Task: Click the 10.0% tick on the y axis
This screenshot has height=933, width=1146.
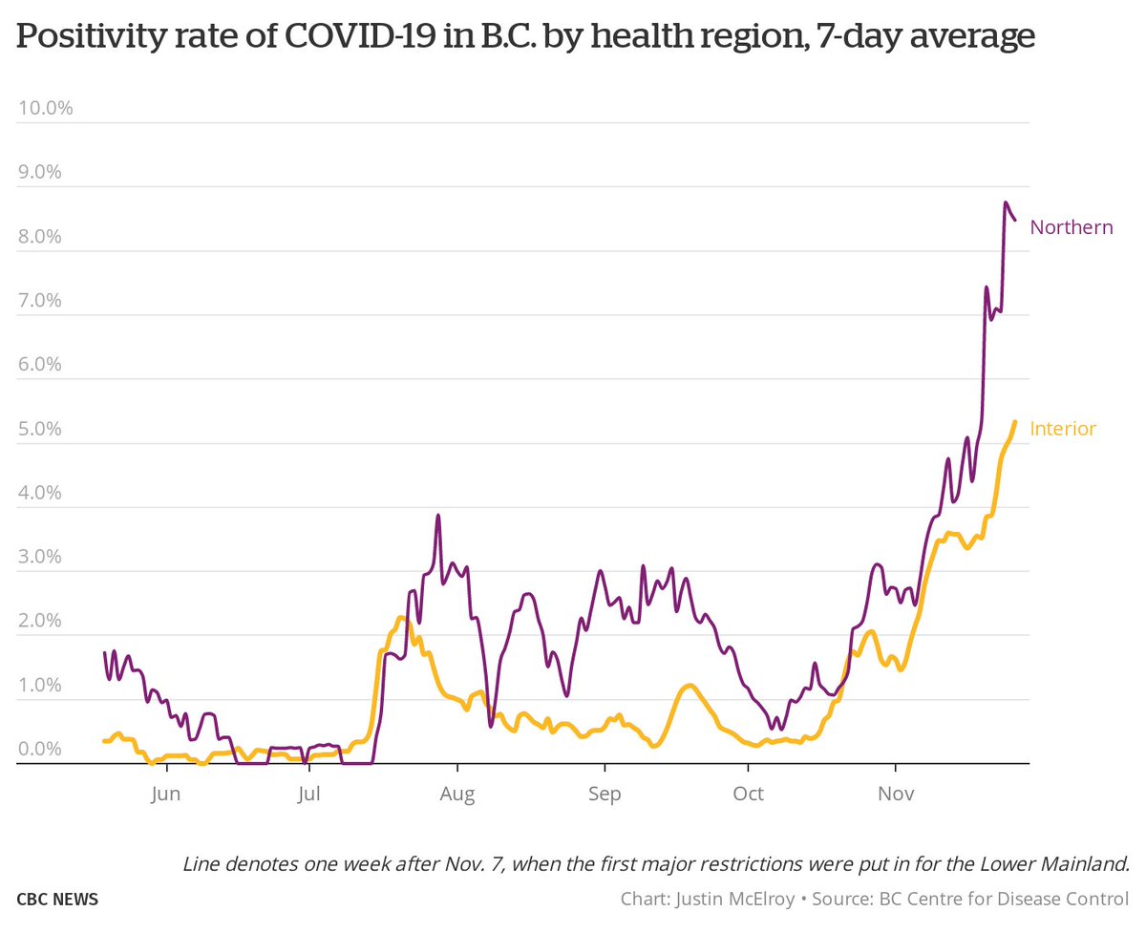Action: point(46,108)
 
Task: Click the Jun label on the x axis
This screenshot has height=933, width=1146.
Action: point(165,795)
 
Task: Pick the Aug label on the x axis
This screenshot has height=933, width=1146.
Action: point(457,795)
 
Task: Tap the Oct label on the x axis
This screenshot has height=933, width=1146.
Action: point(749,795)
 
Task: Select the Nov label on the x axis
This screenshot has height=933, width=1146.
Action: point(895,795)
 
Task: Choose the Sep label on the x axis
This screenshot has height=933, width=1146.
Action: point(604,795)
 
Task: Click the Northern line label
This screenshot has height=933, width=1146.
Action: point(1072,227)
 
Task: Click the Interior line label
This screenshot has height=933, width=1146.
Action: point(1063,429)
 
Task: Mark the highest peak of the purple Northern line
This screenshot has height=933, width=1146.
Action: point(1006,202)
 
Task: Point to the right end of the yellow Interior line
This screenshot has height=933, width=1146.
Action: point(1014,421)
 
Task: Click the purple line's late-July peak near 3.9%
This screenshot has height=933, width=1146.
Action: point(437,516)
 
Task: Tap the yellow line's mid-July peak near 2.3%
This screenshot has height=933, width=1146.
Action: point(401,618)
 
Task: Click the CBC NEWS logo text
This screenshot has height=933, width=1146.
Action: point(57,900)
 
